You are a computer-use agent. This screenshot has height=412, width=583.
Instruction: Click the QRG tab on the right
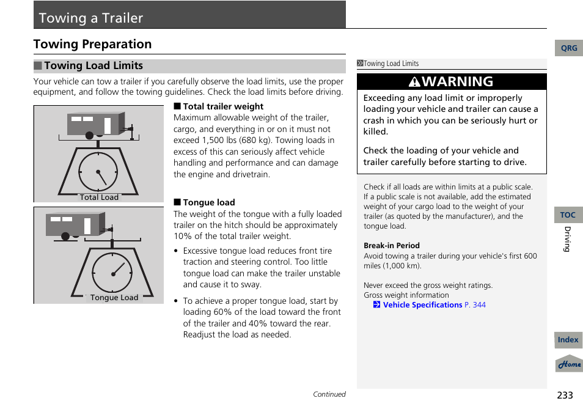[568, 48]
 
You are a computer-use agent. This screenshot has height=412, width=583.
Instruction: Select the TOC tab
[568, 215]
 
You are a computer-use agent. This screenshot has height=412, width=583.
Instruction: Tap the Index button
[568, 340]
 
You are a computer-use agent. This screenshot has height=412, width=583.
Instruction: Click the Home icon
[569, 364]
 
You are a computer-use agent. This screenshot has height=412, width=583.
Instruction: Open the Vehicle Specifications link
[422, 305]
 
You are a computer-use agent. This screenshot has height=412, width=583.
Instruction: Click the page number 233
[565, 395]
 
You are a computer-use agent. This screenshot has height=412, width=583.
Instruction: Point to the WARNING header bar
[452, 82]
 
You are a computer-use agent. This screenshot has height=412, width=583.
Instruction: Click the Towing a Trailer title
[91, 18]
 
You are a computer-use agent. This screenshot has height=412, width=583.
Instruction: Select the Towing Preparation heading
[92, 44]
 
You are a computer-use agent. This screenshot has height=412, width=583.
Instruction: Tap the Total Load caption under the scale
[99, 197]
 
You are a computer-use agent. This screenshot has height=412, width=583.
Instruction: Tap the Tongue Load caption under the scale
[114, 298]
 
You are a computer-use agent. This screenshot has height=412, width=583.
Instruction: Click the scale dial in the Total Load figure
[98, 171]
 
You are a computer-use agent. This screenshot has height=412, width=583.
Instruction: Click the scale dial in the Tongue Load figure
[112, 272]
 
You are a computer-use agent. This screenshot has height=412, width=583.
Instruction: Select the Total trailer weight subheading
[222, 106]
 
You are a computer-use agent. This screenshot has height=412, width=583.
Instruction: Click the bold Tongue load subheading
[208, 202]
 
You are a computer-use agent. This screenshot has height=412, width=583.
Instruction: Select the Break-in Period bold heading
[392, 246]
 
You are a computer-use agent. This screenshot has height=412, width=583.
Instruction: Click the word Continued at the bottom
[329, 394]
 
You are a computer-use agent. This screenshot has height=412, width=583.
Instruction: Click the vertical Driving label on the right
[566, 239]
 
